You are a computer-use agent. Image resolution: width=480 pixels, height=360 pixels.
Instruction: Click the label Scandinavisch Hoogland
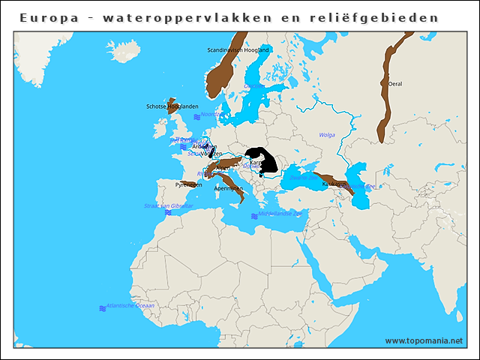(x=238, y=50)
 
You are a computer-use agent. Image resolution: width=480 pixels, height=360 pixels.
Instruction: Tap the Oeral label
(x=395, y=84)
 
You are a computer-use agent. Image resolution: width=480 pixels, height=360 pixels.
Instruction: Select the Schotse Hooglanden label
(x=172, y=106)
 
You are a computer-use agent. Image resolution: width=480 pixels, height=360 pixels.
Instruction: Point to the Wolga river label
(x=327, y=135)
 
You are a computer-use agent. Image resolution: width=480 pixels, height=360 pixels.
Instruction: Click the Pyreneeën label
(x=188, y=184)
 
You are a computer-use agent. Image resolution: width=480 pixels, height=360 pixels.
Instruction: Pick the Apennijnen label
(x=229, y=189)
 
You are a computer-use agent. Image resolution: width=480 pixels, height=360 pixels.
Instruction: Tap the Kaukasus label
(x=334, y=184)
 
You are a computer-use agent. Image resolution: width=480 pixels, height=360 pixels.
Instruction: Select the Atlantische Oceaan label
(x=130, y=306)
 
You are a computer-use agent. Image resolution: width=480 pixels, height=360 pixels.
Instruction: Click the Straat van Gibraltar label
(x=169, y=205)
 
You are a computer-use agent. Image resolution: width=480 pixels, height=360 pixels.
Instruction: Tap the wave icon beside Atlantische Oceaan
(x=102, y=308)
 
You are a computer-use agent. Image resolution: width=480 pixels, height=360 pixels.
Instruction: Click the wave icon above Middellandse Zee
(x=254, y=216)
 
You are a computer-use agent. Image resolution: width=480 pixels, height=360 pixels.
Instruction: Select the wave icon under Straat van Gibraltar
(x=168, y=213)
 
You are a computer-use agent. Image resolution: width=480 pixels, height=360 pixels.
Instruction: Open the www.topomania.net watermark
(x=424, y=341)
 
